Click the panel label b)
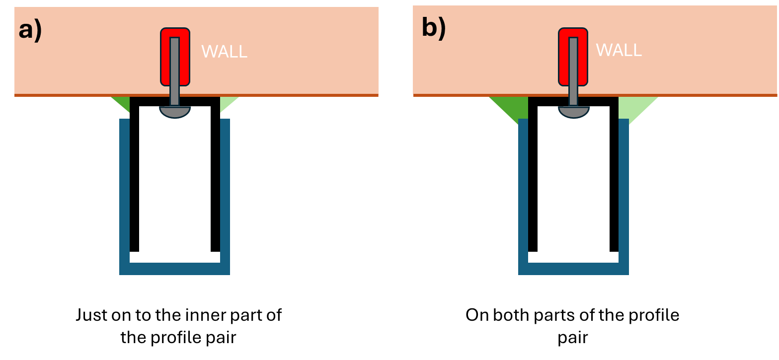pyautogui.click(x=434, y=28)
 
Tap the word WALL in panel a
pyautogui.click(x=225, y=52)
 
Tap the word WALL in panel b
pyautogui.click(x=619, y=50)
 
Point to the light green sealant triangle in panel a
pyautogui.click(x=227, y=102)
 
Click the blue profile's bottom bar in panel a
pyautogui.click(x=174, y=269)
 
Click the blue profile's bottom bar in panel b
pyautogui.click(x=573, y=269)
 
